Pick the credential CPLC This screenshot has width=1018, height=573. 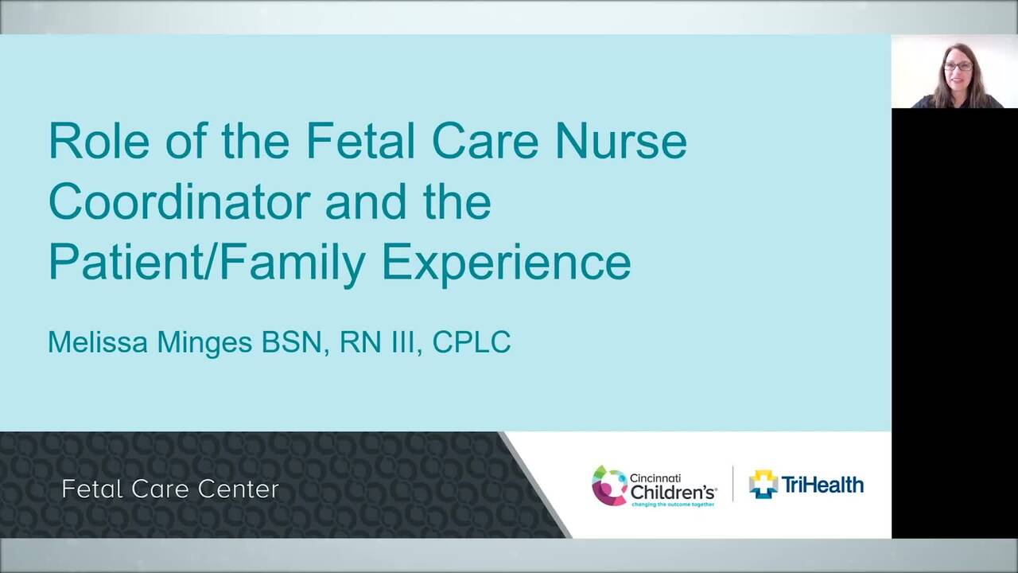471,342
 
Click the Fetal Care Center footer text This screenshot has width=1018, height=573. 170,489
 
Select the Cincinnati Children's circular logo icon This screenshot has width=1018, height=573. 609,485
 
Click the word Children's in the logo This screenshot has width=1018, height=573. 673,492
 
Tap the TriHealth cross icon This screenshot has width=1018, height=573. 763,484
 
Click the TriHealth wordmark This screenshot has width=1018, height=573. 822,485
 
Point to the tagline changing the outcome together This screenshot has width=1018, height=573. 673,505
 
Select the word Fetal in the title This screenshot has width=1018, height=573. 363,141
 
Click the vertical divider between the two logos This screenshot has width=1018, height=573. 732,484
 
